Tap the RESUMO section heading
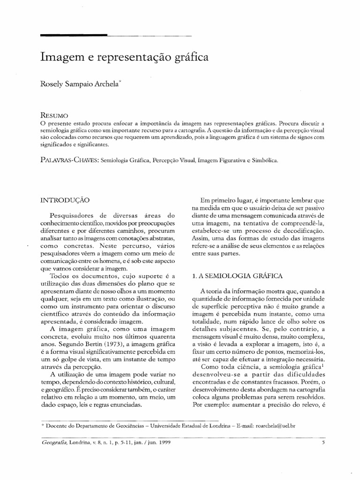point(55,115)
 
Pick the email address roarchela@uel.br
point(275,426)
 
